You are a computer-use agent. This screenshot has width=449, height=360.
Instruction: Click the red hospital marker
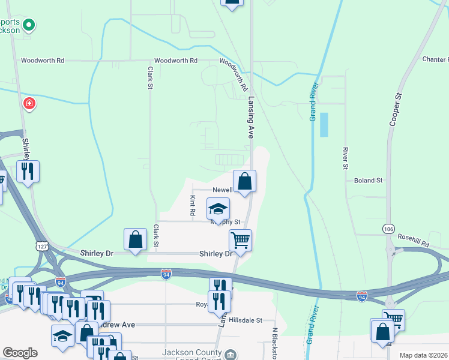tap(29, 104)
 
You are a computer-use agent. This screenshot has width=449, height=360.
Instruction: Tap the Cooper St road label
tap(395, 109)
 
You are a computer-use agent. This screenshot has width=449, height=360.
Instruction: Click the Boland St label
tap(368, 180)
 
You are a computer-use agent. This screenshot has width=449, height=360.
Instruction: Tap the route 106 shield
tap(388, 229)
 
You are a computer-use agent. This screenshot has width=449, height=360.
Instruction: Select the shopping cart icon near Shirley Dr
tap(240, 240)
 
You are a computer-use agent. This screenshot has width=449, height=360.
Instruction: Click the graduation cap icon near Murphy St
tap(218, 209)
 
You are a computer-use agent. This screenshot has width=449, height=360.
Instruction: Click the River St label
tap(346, 158)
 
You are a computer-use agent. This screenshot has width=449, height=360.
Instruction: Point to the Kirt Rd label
tap(193, 205)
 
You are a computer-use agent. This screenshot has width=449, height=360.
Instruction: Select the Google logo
tap(20, 353)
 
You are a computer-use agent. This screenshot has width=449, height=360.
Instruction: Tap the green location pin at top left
tap(29, 25)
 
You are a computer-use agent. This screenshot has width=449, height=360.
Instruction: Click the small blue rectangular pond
tap(325, 125)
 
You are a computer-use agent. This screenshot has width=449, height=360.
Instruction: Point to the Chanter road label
tap(435, 59)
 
